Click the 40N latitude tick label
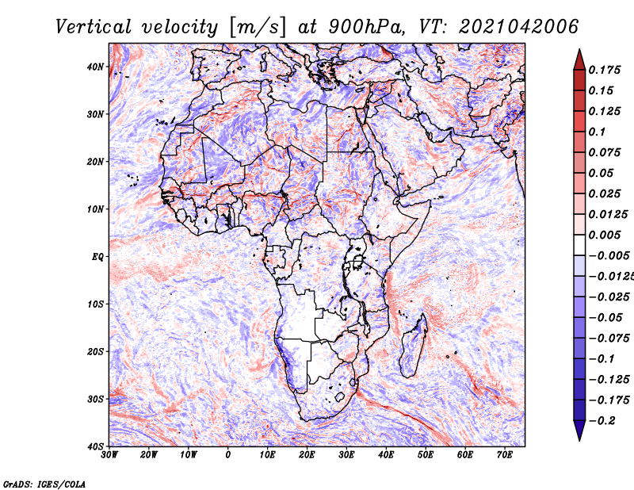[x=95, y=67]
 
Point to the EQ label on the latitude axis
[x=97, y=257]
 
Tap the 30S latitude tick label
[x=95, y=400]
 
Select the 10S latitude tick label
[x=95, y=304]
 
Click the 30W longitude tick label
[x=109, y=455]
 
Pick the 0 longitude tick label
[x=227, y=455]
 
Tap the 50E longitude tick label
[x=426, y=455]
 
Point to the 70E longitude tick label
[x=504, y=455]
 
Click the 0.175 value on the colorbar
[x=605, y=71]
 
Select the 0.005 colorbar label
[x=605, y=235]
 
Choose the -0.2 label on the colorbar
[x=602, y=421]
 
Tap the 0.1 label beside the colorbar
[x=598, y=132]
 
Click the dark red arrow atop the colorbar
[x=579, y=61]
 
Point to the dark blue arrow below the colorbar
[x=579, y=431]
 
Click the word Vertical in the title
[x=93, y=27]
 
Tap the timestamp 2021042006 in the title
[x=519, y=27]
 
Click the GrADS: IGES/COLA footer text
[x=44, y=484]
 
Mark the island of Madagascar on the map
[x=413, y=346]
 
